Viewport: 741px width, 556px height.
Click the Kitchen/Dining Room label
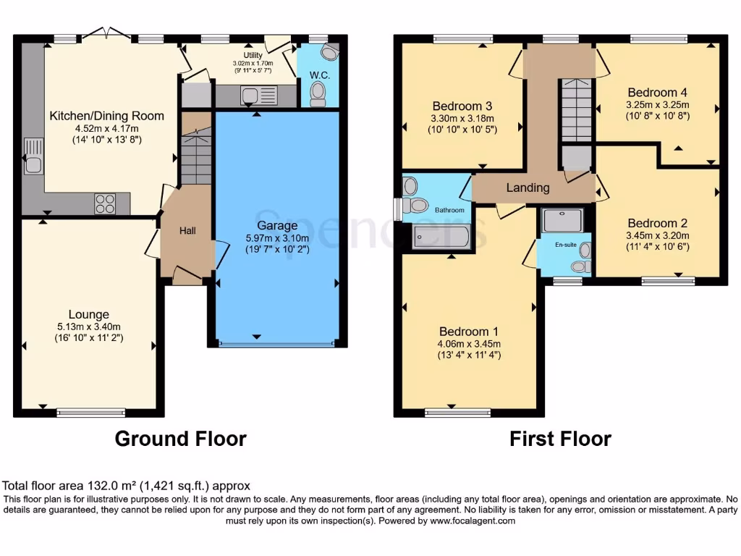click(106, 116)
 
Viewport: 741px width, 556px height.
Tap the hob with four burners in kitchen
click(105, 204)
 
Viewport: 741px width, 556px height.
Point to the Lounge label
click(89, 314)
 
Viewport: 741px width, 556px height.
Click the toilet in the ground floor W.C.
click(317, 93)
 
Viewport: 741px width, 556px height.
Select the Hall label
click(187, 230)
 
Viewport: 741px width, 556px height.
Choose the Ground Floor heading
click(181, 439)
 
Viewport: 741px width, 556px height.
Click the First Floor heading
click(560, 439)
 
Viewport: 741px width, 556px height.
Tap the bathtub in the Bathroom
click(441, 236)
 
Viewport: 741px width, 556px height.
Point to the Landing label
click(528, 188)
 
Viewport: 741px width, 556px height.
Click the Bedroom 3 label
click(462, 106)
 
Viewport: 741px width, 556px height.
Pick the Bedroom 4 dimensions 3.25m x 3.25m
click(658, 104)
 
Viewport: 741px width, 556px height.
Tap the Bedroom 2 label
click(658, 223)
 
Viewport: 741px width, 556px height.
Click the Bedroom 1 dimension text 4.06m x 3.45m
click(469, 343)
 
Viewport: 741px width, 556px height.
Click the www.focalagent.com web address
click(473, 521)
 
